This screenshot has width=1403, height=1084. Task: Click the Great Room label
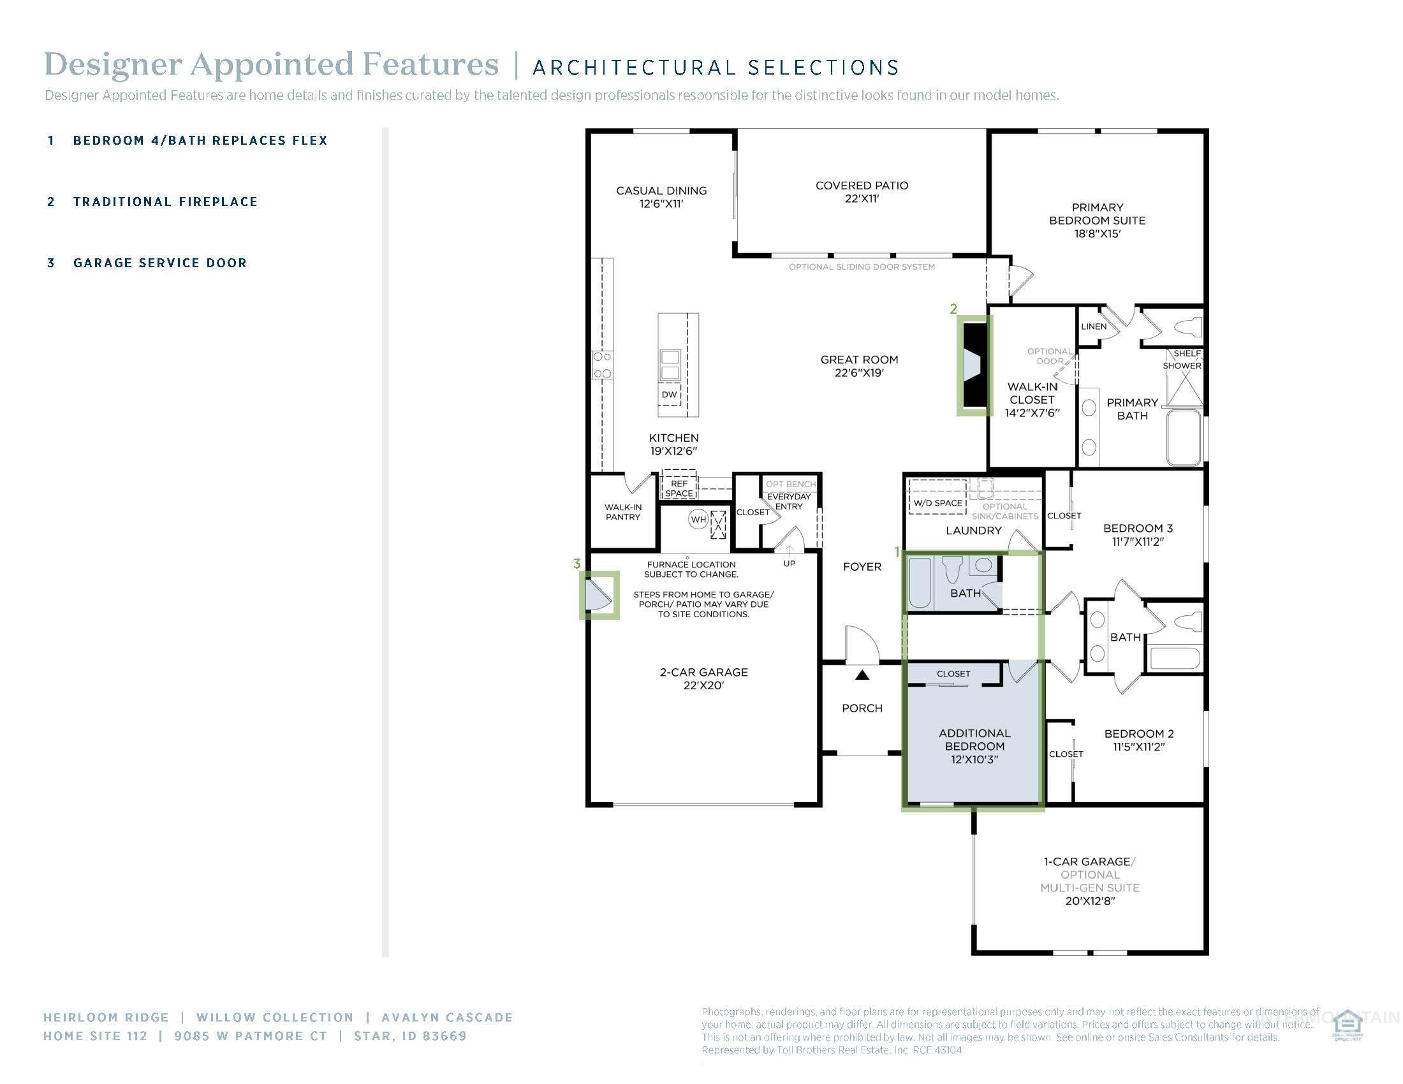coord(859,365)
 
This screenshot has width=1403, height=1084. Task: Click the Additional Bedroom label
coord(974,745)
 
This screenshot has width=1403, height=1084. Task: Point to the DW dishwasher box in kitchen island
coord(669,394)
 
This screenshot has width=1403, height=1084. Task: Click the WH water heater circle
coord(698,520)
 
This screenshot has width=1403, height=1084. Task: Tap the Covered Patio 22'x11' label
coord(862,191)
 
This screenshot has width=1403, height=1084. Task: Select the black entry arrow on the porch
coord(862,675)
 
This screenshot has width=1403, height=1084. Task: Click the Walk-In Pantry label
coord(622,512)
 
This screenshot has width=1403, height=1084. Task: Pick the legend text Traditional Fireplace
coord(165,201)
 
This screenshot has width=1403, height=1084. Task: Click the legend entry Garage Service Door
coord(160,263)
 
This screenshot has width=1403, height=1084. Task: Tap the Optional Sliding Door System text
coord(862,267)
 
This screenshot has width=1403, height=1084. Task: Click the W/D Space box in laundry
coord(938,502)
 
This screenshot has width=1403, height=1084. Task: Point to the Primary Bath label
coord(1132,409)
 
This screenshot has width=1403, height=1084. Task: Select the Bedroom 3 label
coord(1138,534)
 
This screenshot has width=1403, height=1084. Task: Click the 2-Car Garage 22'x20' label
coord(703,678)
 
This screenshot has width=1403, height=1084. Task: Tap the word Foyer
coord(862,566)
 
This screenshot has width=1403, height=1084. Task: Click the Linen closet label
coord(1093,326)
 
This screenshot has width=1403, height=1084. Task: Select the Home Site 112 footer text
coord(95,1036)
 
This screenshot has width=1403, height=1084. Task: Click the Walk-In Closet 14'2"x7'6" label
coord(1032,399)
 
